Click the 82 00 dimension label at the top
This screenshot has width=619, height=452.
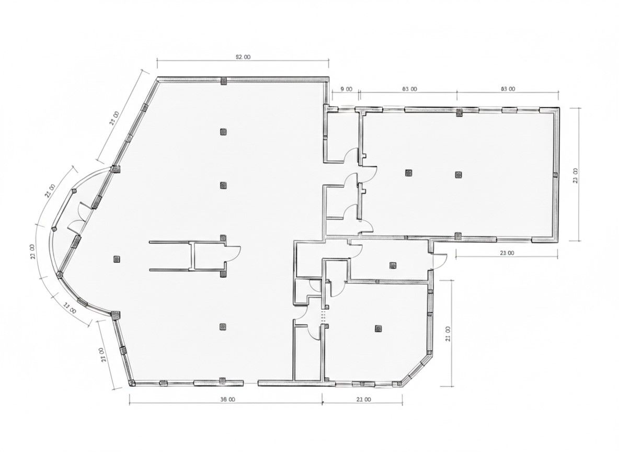tap(243, 57)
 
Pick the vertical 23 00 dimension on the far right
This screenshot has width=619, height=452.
tap(576, 175)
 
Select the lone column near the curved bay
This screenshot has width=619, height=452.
tap(117, 258)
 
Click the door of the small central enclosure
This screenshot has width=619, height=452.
tap(233, 254)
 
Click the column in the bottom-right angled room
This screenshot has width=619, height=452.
tap(378, 329)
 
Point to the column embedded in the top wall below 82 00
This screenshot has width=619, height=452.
tap(223, 81)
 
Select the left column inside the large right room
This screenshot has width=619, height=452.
tap(407, 172)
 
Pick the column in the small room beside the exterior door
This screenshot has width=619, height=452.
tap(393, 265)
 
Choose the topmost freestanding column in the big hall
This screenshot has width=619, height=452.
tap(223, 131)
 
